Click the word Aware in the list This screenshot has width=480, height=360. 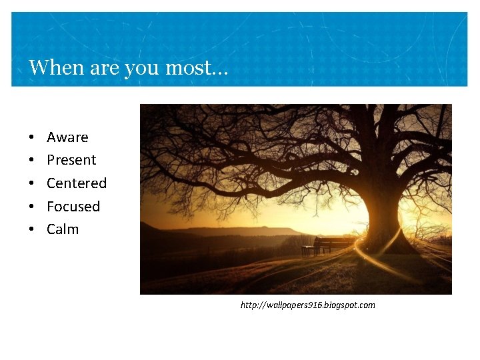coord(67,137)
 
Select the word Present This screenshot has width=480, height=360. coord(71,160)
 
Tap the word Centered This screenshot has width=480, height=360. coord(77,183)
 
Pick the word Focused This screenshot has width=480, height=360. coord(73,206)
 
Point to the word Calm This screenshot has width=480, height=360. coord(63,229)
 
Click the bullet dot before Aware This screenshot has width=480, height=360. coord(32,137)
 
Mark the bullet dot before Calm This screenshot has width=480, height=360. coord(32,229)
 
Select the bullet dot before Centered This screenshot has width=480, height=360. coord(32,183)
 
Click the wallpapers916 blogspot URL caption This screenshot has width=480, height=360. coord(307,305)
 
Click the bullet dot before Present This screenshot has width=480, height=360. coord(32,161)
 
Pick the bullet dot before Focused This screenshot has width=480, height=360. coord(32,207)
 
